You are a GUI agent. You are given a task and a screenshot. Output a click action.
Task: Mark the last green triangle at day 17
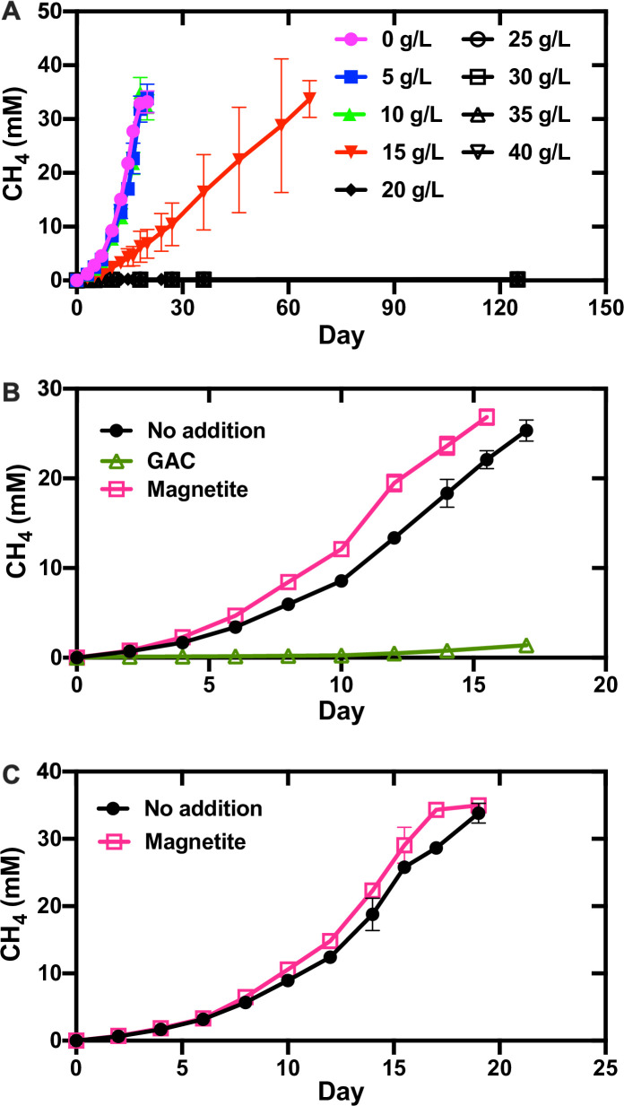(526, 646)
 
